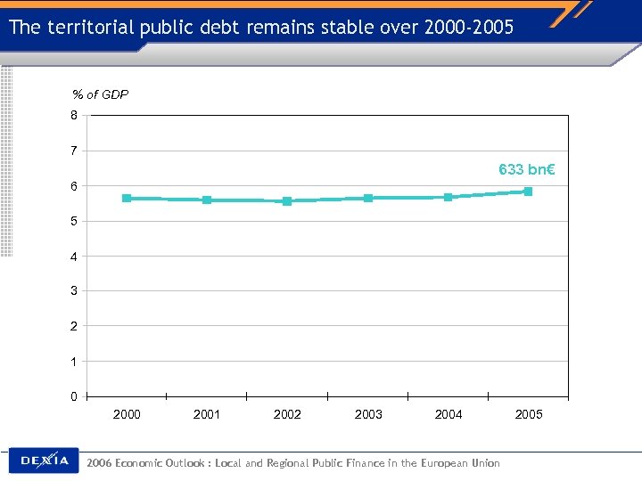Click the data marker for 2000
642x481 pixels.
click(127, 198)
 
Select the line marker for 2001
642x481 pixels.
click(207, 200)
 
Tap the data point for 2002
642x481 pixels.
click(287, 201)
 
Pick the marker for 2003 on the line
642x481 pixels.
click(367, 198)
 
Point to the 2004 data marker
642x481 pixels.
click(448, 197)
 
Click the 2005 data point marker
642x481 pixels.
click(528, 192)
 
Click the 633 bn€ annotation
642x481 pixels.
click(526, 169)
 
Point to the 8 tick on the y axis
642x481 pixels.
click(75, 115)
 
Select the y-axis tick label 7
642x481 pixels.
click(75, 151)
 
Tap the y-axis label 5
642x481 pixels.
click(75, 221)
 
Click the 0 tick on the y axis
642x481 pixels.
click(75, 396)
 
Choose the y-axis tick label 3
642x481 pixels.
click(75, 291)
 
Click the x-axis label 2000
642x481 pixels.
click(127, 414)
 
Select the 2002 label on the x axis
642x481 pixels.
click(287, 414)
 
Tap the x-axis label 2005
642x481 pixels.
click(529, 414)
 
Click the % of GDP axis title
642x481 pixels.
click(100, 94)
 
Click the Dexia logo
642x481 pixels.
click(44, 461)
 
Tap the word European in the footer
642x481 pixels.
click(432, 462)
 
